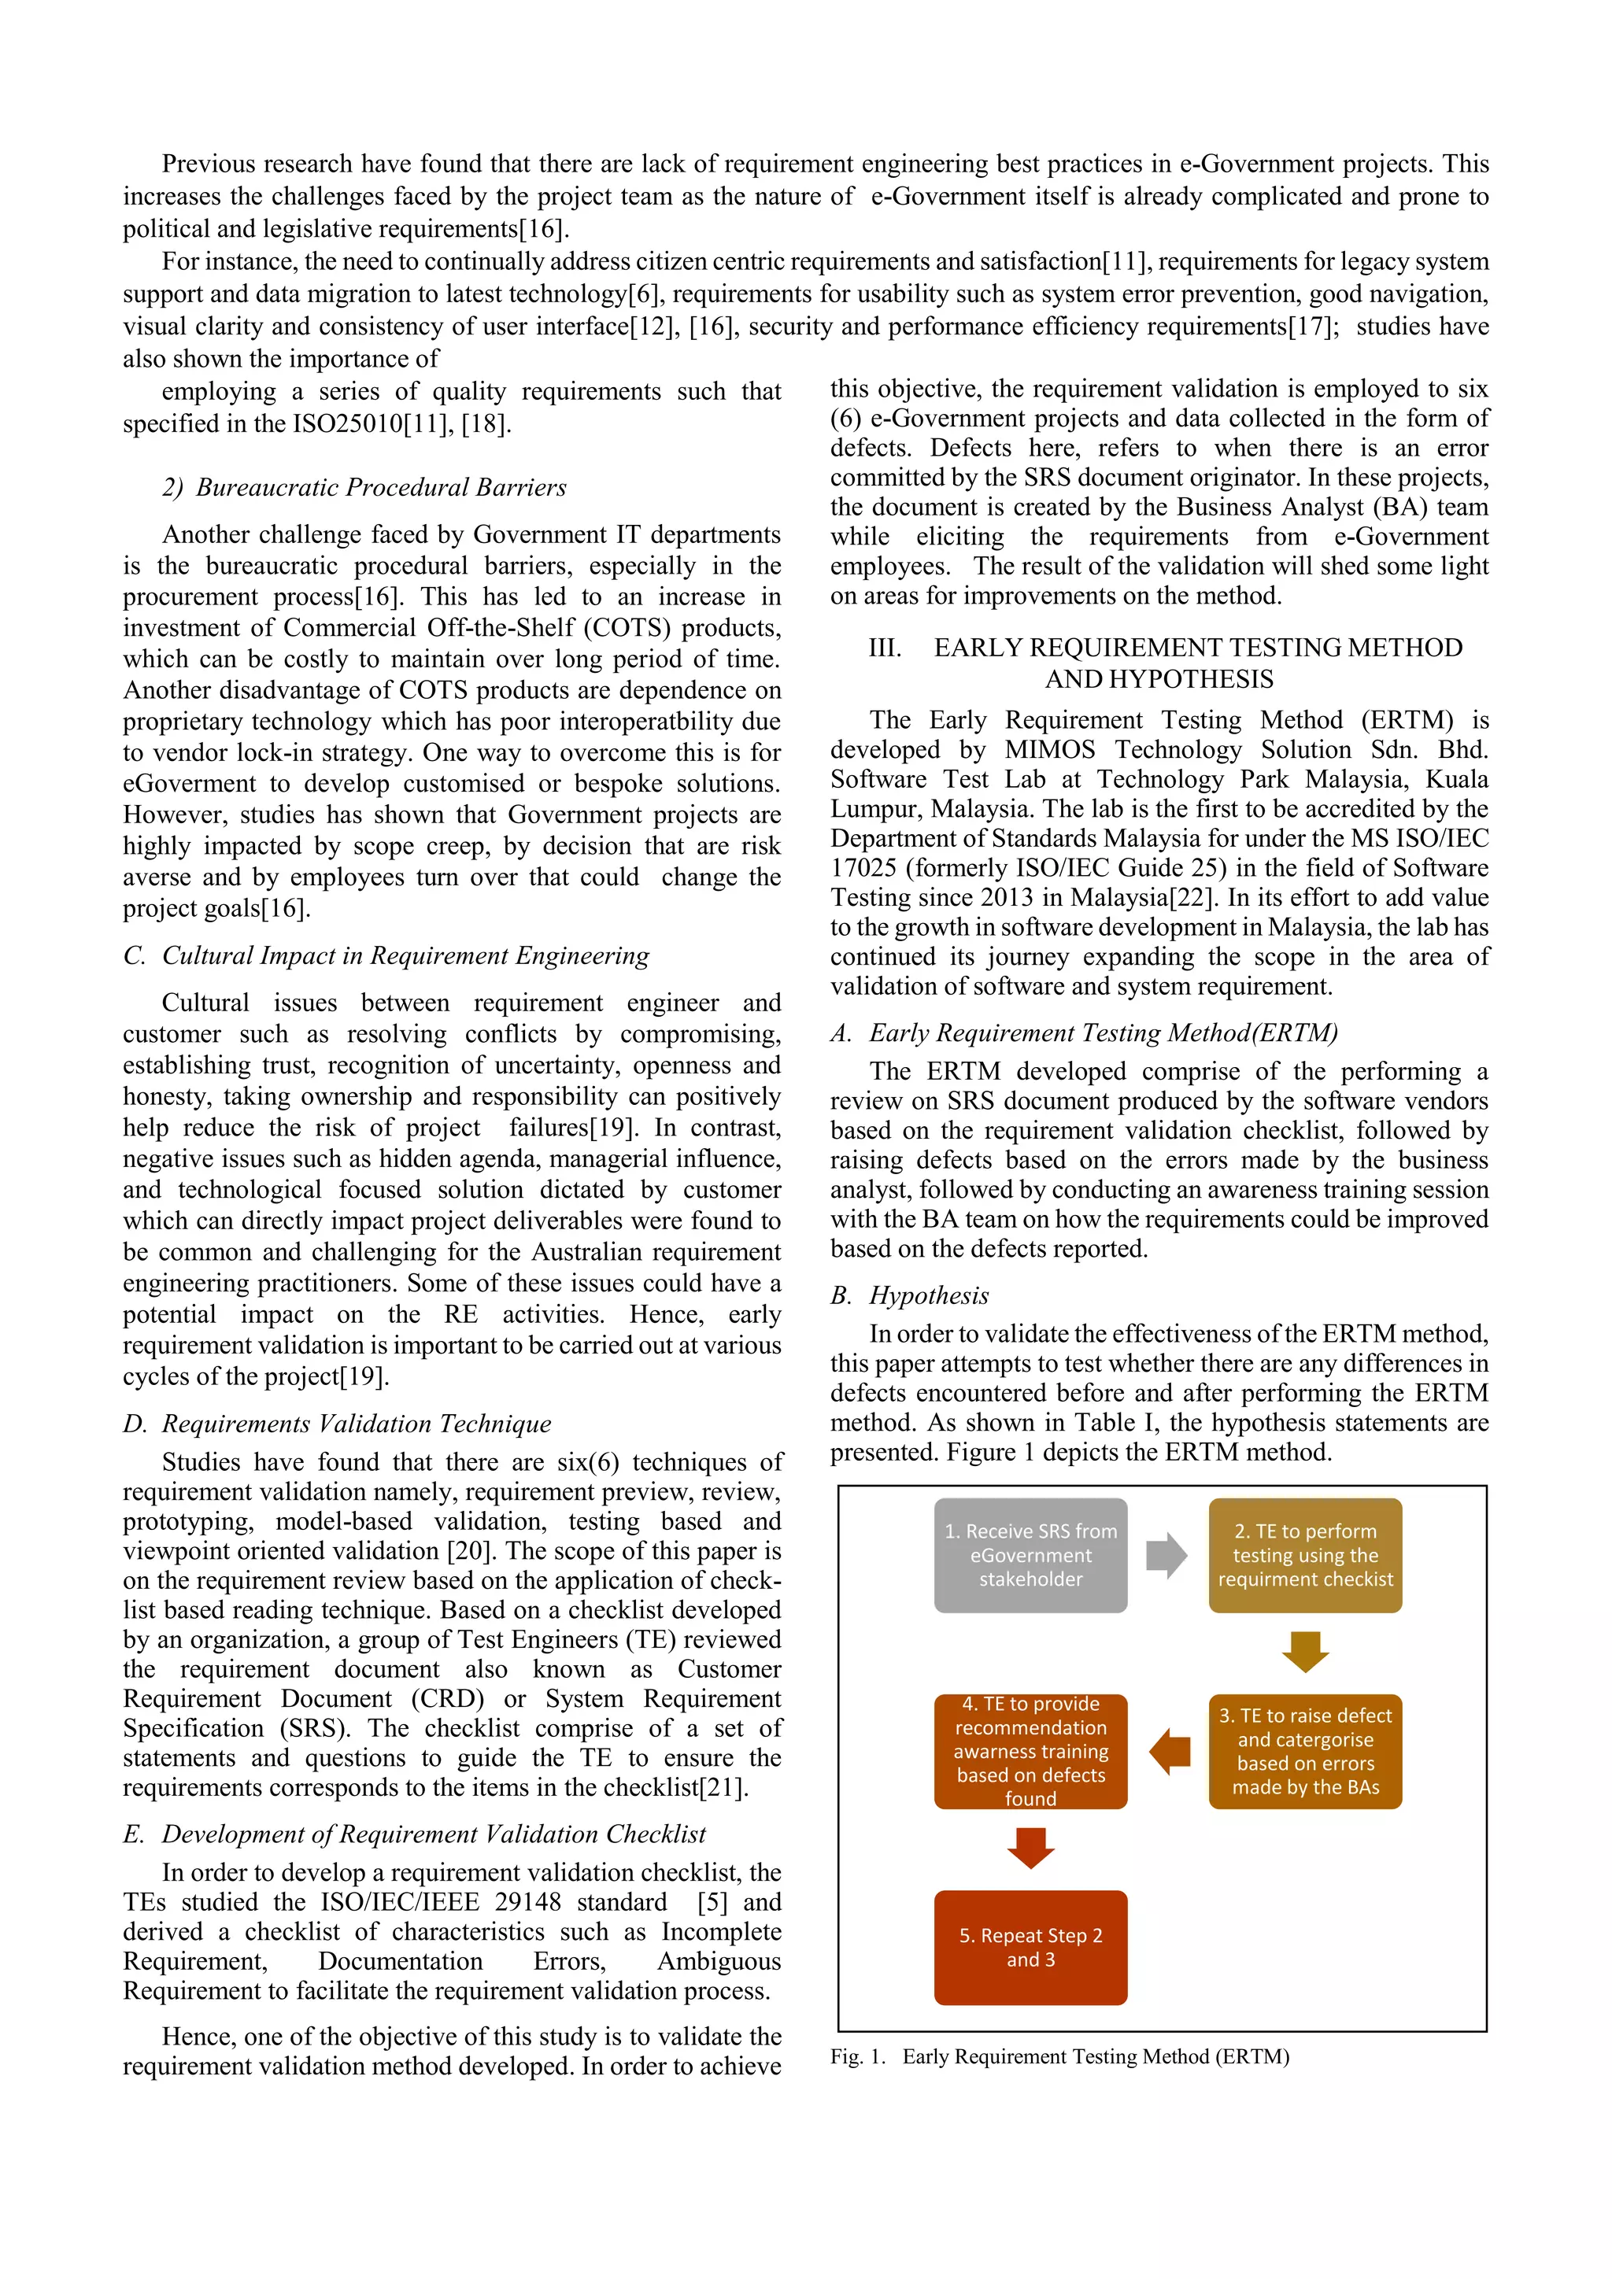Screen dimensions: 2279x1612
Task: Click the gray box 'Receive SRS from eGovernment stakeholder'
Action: pos(1030,1555)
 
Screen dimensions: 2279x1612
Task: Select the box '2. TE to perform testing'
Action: pos(1305,1555)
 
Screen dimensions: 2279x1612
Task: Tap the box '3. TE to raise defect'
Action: pos(1305,1751)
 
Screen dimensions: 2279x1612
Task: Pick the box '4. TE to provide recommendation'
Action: pos(1030,1751)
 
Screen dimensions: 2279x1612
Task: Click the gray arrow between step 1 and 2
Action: pos(1166,1555)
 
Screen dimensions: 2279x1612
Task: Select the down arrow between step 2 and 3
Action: pos(1305,1652)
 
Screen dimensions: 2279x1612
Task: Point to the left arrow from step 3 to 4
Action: pos(1170,1751)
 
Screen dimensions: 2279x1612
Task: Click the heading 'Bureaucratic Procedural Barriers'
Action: pos(381,487)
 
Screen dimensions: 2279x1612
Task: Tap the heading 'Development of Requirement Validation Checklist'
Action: pos(434,1834)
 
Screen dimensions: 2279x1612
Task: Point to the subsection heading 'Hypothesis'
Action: pos(929,1295)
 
